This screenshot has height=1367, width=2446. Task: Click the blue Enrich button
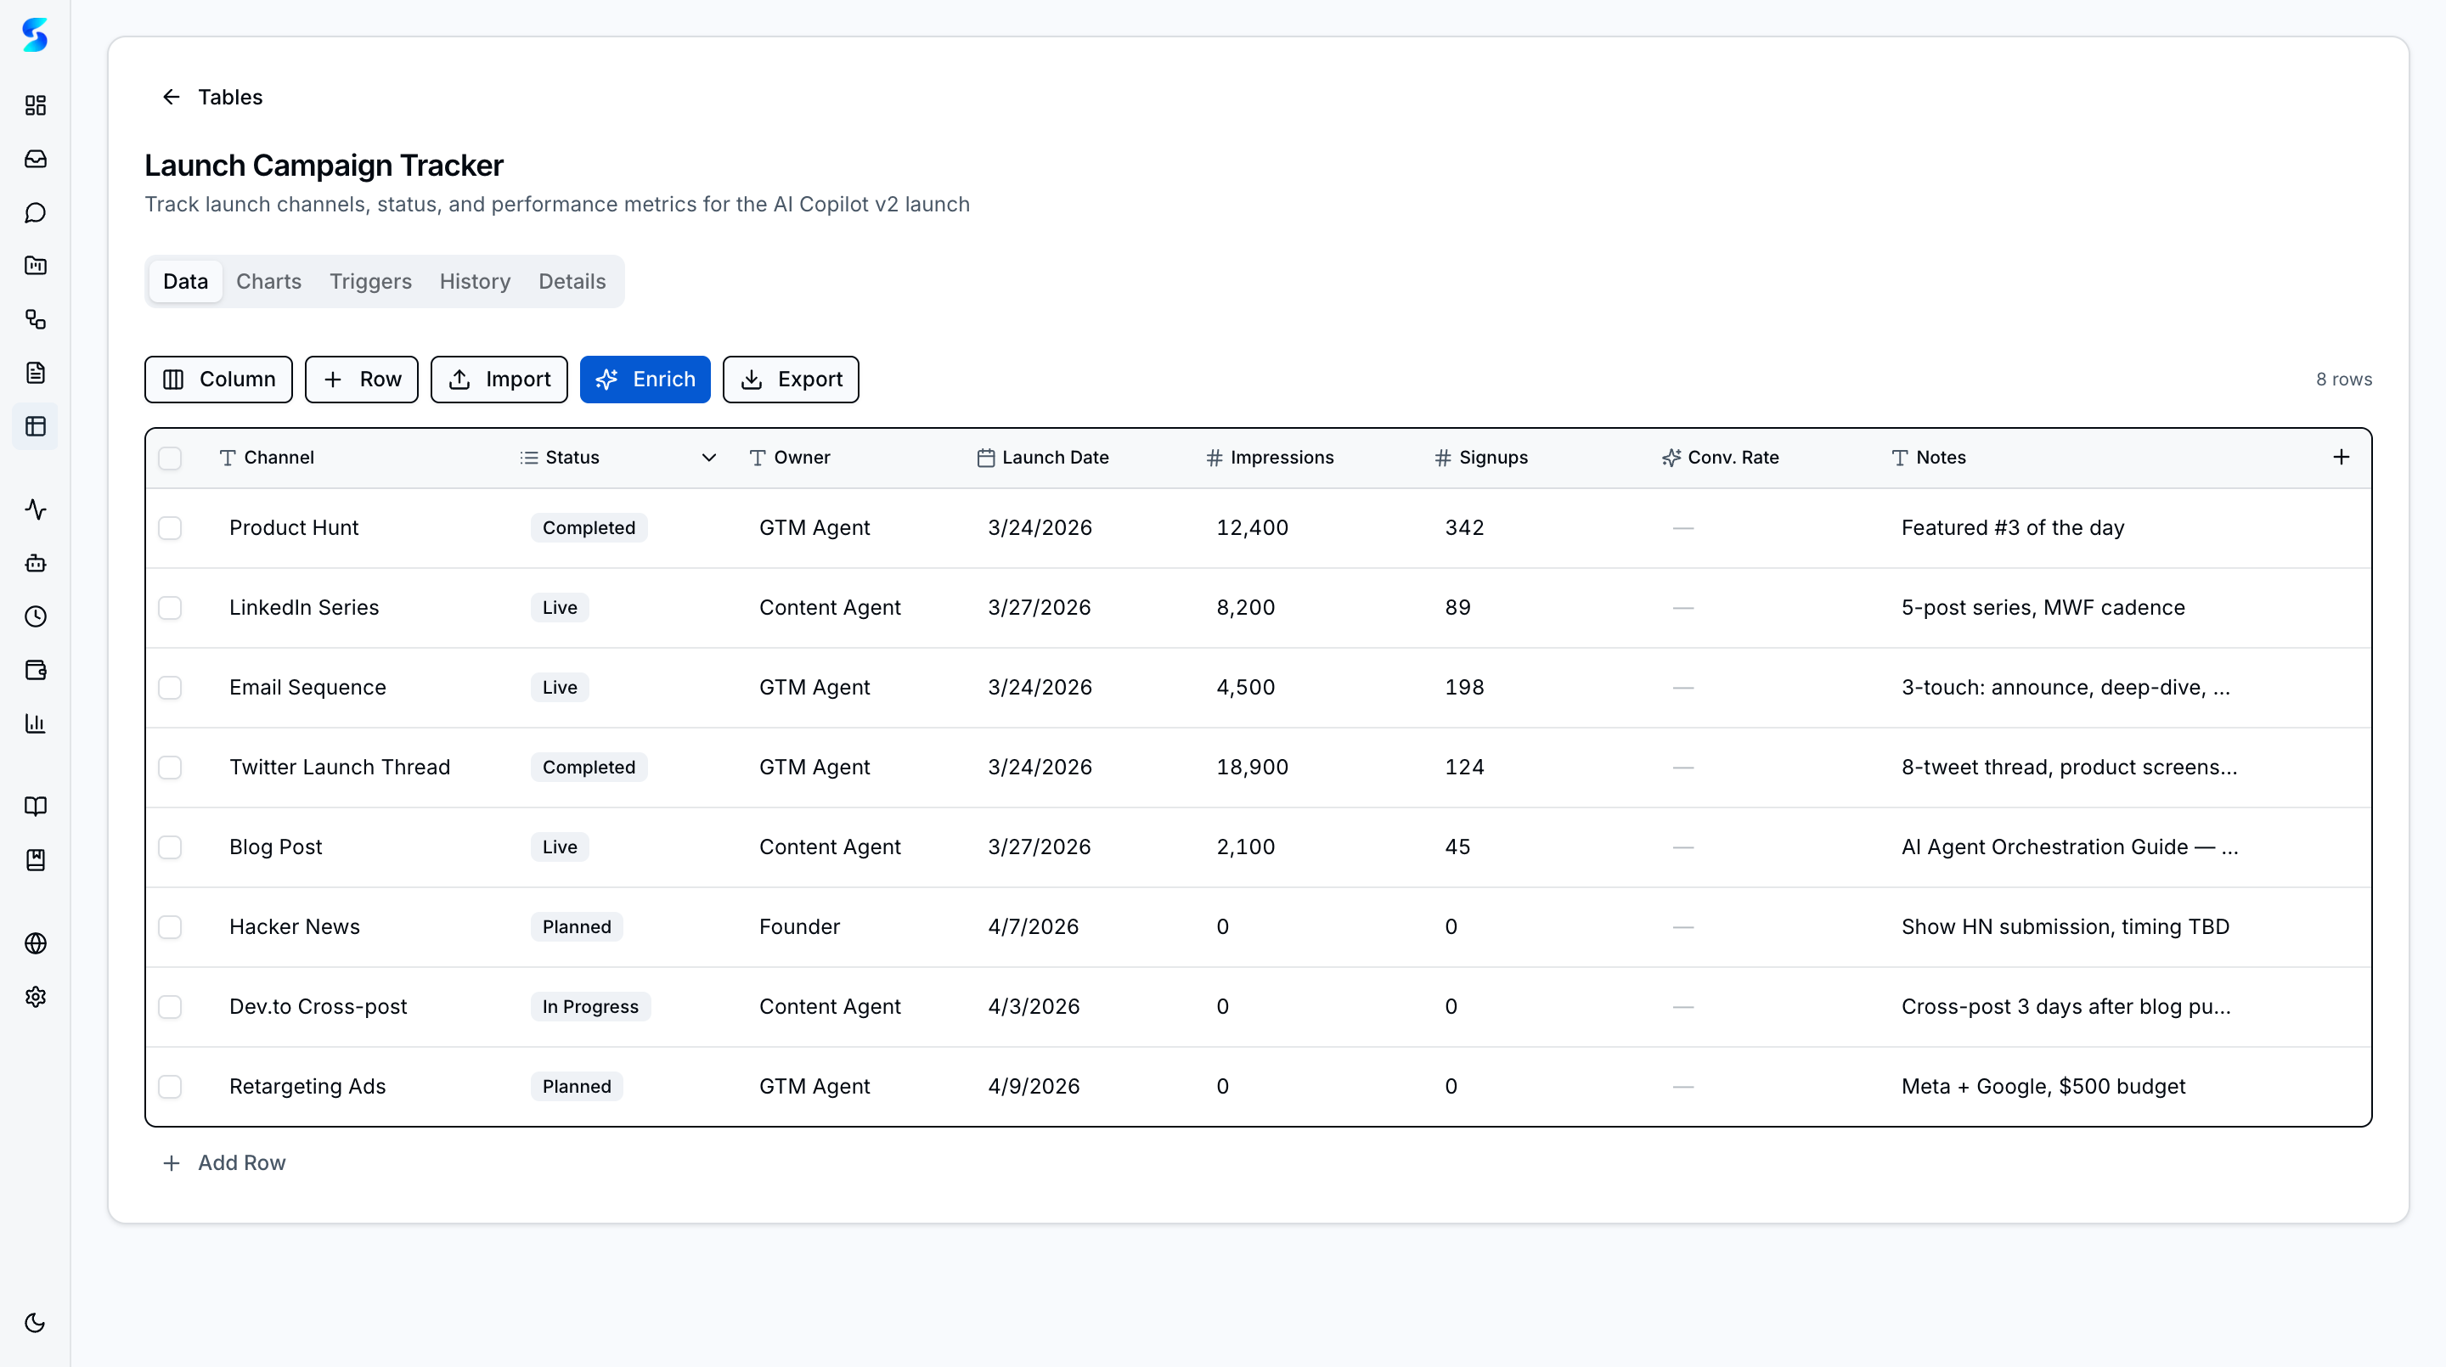pyautogui.click(x=645, y=380)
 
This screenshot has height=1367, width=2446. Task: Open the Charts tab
pyautogui.click(x=268, y=281)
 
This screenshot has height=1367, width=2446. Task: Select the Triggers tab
pyautogui.click(x=370, y=281)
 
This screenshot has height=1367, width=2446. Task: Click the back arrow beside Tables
pyautogui.click(x=171, y=97)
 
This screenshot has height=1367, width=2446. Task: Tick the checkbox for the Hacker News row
pyautogui.click(x=170, y=926)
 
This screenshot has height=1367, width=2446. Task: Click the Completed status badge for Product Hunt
pyautogui.click(x=589, y=528)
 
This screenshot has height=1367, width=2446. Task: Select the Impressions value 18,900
pyautogui.click(x=1252, y=767)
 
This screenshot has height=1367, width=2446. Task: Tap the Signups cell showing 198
pyautogui.click(x=1463, y=687)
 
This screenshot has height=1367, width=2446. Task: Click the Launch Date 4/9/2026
pyautogui.click(x=1033, y=1086)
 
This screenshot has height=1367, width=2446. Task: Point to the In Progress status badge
pyautogui.click(x=589, y=1006)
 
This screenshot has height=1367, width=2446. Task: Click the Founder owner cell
pyautogui.click(x=798, y=926)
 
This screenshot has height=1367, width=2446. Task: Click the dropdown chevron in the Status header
pyautogui.click(x=708, y=458)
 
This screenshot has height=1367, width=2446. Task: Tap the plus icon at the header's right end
pyautogui.click(x=2341, y=458)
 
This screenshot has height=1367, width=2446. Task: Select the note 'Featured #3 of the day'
pyautogui.click(x=2012, y=528)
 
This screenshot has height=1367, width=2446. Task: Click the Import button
pyautogui.click(x=499, y=380)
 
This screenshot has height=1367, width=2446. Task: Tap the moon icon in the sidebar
pyautogui.click(x=35, y=1322)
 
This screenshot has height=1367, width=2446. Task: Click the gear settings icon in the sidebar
pyautogui.click(x=35, y=997)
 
